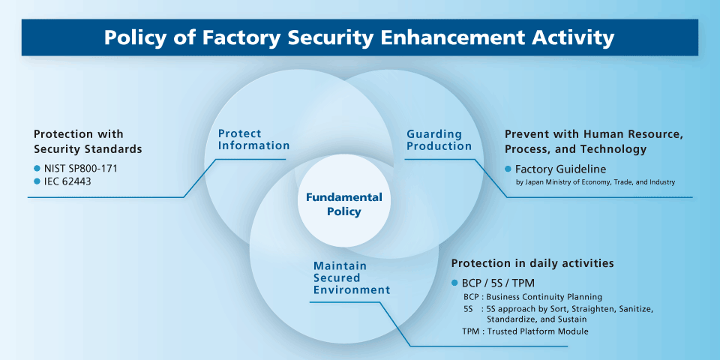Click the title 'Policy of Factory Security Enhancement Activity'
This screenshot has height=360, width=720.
click(x=359, y=37)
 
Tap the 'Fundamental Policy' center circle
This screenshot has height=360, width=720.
click(x=344, y=204)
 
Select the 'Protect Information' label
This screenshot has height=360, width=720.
click(x=253, y=139)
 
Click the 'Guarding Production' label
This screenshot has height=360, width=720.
click(x=439, y=139)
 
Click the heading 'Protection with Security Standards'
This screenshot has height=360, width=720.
click(x=88, y=142)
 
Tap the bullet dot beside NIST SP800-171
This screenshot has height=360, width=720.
click(x=37, y=168)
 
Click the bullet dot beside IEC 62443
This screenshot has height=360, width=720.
click(x=37, y=181)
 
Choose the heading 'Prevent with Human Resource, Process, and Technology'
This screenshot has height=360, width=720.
click(x=594, y=142)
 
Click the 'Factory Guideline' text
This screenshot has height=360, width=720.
click(x=560, y=169)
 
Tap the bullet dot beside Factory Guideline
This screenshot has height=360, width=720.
click(x=508, y=169)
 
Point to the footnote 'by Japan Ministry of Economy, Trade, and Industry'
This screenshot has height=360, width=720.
click(x=595, y=182)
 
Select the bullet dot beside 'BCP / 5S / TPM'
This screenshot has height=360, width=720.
click(x=454, y=283)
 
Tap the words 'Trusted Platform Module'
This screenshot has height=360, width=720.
click(x=537, y=331)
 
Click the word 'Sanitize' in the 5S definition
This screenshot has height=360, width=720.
click(x=631, y=308)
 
